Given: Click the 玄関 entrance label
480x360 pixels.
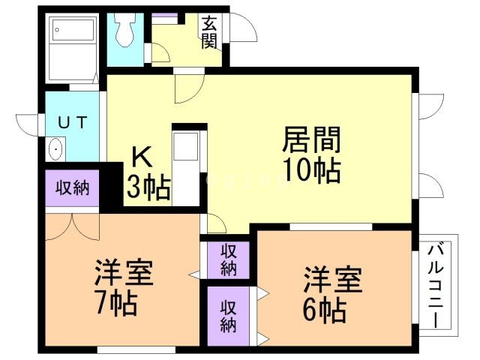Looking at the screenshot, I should [x=209, y=31].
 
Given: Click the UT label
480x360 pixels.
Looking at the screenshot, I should [x=72, y=121].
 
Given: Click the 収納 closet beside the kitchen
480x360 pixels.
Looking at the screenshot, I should [x=73, y=187].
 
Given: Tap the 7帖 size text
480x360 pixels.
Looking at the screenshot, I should [x=115, y=304].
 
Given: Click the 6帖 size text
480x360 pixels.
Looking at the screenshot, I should [x=324, y=308].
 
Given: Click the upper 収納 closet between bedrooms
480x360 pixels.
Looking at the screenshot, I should [x=229, y=259].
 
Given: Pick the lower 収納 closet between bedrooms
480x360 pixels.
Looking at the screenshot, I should [x=229, y=315].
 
